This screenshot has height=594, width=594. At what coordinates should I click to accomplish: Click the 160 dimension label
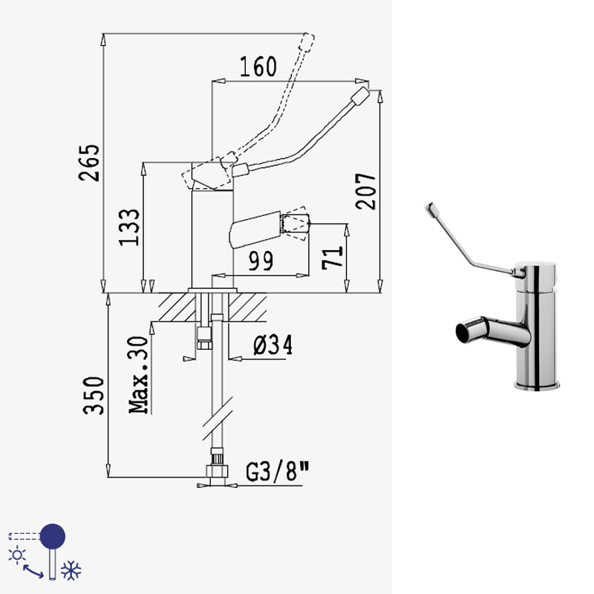(x=258, y=67)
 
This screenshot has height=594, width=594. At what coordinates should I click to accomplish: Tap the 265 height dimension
(x=89, y=163)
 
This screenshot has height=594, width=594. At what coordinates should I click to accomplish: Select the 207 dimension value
(x=365, y=192)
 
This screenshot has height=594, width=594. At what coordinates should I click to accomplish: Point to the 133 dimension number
(x=129, y=227)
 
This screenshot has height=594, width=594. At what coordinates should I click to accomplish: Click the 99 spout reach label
(x=261, y=261)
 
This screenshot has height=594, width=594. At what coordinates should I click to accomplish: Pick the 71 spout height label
(x=333, y=258)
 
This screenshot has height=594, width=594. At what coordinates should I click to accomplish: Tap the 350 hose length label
(x=94, y=395)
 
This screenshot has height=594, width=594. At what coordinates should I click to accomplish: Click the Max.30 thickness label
(x=138, y=375)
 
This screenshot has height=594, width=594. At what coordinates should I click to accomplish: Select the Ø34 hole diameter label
(x=272, y=345)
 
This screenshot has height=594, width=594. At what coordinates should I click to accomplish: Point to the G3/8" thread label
(x=278, y=471)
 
